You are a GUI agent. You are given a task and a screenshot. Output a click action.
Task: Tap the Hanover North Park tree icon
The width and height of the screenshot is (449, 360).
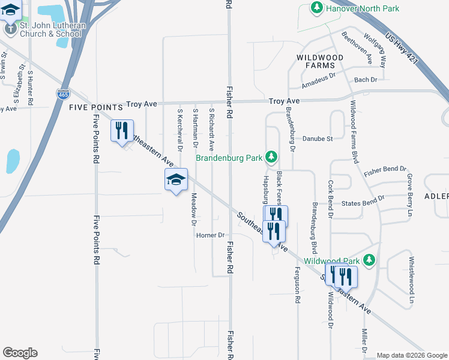click(317, 8)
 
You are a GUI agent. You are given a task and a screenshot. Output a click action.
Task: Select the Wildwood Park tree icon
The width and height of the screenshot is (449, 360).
click(370, 260)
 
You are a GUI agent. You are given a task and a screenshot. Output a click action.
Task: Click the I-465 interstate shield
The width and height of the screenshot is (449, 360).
click(63, 94)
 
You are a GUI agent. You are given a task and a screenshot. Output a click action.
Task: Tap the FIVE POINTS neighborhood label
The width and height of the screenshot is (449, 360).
click(96, 107)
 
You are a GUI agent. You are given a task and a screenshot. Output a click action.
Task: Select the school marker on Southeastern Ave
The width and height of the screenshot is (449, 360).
click(176, 180)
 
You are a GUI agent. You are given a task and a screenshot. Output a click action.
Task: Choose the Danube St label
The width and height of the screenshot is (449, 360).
click(318, 139)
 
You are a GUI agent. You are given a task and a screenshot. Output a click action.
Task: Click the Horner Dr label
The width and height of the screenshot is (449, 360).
click(209, 235)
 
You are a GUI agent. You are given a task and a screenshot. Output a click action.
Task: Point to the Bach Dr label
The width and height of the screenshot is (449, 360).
click(366, 79)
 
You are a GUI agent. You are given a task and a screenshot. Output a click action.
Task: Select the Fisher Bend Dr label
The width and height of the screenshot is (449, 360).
click(385, 170)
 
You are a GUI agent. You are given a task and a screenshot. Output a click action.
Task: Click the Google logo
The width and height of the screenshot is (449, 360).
click(20, 353)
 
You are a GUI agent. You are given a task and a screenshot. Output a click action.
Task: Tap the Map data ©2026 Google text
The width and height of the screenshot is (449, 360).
click(411, 355)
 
